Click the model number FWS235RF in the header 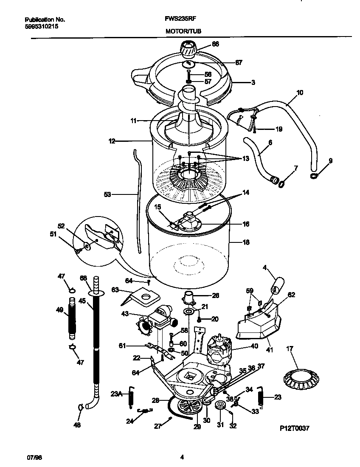pos(180,19)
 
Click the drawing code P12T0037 pos(295,428)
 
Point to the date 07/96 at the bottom pos(34,457)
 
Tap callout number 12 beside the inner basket pos(112,141)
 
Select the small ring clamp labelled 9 pos(314,175)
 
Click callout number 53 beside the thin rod pos(107,194)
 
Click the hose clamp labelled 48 pos(80,408)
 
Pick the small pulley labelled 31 pos(220,407)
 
